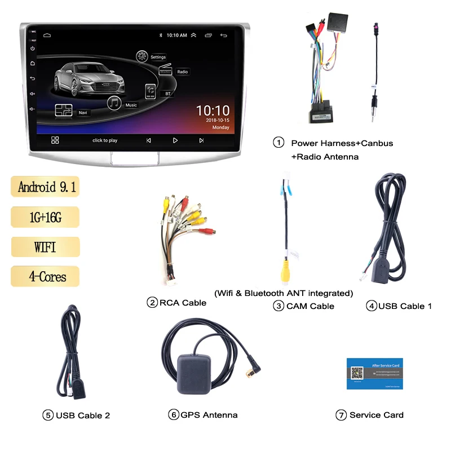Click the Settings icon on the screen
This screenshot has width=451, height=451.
point(143,56)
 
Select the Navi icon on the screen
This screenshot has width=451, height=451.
point(63,110)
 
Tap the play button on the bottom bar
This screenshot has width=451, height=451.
point(175,140)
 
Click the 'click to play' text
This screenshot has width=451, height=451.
point(105,140)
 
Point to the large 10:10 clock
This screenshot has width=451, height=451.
point(213,110)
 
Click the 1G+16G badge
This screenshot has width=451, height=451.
point(45,217)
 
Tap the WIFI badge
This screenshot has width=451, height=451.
point(45,247)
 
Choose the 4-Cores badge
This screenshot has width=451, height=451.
point(45,276)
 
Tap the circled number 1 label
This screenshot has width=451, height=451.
point(278,143)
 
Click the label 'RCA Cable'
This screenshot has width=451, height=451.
point(183,303)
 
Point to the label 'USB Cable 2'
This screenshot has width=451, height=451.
point(83,415)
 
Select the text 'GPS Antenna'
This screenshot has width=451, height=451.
point(209,415)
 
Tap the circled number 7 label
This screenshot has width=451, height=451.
point(341,415)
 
